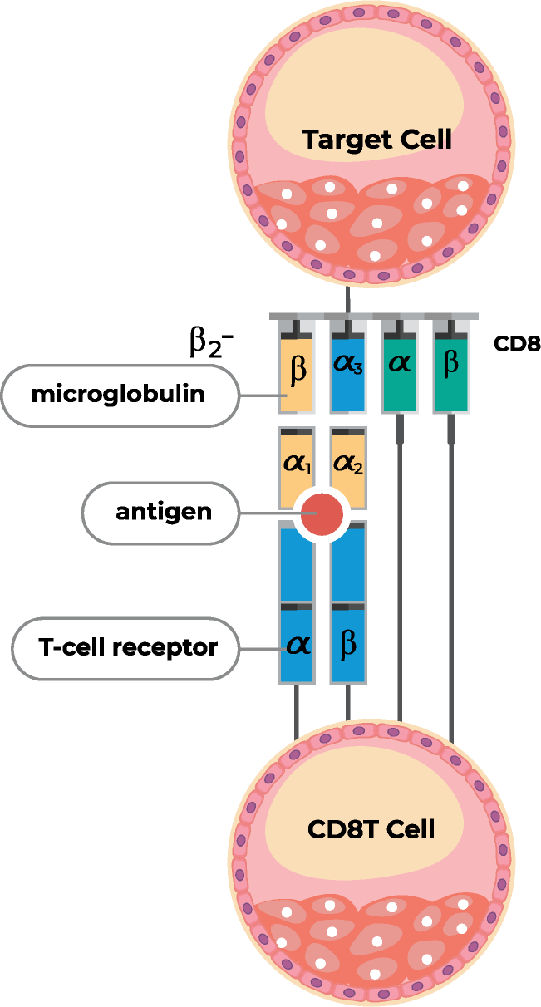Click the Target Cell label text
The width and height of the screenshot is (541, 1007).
click(x=376, y=139)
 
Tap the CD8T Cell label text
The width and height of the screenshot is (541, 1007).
click(x=371, y=829)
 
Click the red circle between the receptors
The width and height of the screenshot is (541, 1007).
click(x=322, y=514)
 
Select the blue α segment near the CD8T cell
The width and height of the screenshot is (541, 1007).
click(x=297, y=645)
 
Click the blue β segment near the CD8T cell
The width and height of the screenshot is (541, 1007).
click(x=348, y=645)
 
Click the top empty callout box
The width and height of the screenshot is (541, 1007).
click(x=120, y=395)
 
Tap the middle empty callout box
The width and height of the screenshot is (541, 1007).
click(x=160, y=513)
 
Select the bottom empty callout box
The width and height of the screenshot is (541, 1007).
click(x=125, y=648)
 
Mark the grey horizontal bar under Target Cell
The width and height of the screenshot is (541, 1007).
click(x=374, y=316)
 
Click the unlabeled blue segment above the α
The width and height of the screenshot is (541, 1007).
click(x=297, y=565)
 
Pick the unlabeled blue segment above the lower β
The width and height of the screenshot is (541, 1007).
click(x=348, y=565)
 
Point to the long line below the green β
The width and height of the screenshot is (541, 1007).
click(x=451, y=582)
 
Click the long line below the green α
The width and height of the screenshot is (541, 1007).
click(x=400, y=582)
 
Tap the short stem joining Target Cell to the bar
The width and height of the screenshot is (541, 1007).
click(x=348, y=299)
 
